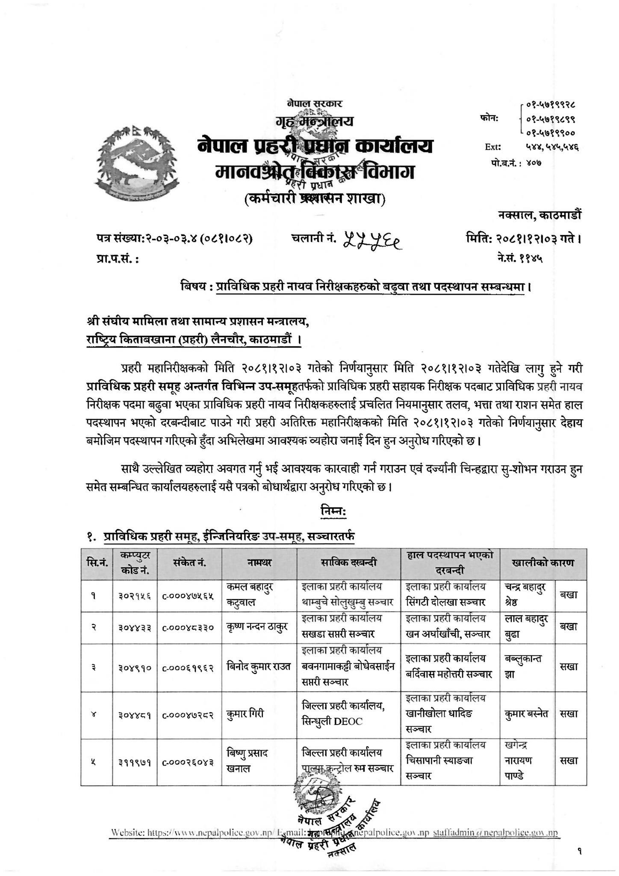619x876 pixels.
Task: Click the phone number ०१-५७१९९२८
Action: click(551, 104)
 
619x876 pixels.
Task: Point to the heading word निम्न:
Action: click(333, 511)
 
